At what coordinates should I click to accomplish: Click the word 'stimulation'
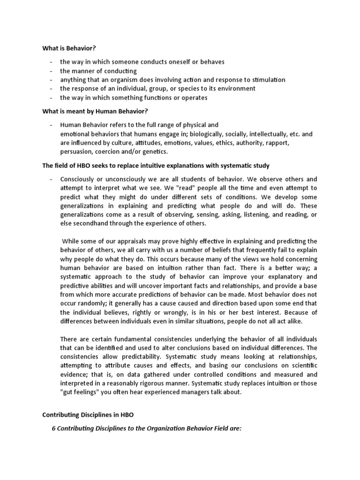[x=267, y=80]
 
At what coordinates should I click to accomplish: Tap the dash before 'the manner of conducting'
[x=50, y=71]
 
